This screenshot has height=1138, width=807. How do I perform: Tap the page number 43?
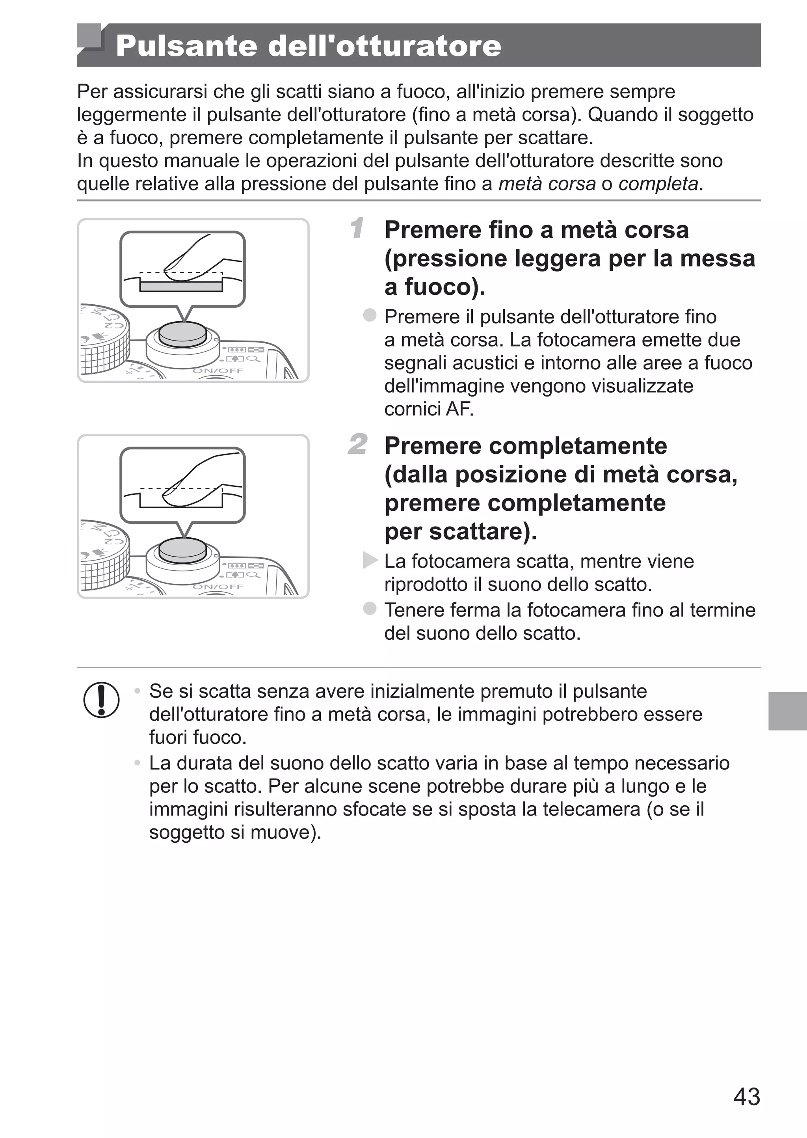[746, 1096]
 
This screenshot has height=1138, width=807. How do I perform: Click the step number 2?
[358, 444]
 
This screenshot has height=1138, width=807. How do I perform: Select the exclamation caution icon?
[101, 700]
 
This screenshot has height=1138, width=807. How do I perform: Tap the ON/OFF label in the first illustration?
[218, 371]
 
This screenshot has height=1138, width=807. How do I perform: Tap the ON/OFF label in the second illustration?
[218, 587]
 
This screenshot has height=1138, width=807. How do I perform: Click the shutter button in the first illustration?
[183, 333]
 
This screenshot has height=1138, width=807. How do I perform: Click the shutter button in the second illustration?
[183, 550]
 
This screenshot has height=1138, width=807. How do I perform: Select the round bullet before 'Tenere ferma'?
[370, 608]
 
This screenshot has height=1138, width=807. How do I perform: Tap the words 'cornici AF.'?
[428, 409]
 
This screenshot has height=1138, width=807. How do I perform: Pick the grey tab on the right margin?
[787, 711]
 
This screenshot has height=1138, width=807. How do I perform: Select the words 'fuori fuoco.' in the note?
[198, 737]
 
